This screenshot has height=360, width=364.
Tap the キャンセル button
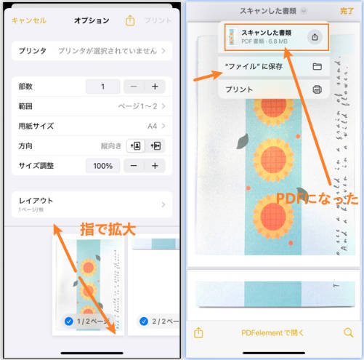coord(29,21)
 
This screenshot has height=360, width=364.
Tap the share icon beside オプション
coord(130,21)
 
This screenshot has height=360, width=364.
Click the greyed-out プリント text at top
coord(158,21)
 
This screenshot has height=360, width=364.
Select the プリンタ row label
coord(33,51)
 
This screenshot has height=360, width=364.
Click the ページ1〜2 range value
coord(138,106)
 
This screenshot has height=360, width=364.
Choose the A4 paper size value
coord(152,126)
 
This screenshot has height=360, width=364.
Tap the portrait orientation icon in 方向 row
coord(135,145)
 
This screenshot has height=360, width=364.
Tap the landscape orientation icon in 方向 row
coord(154,145)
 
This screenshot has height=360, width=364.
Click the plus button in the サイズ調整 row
coord(154,166)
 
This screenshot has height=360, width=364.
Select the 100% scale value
coord(102,166)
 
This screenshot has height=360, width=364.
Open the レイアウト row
coord(91,204)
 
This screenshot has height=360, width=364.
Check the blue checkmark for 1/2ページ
coord(68,321)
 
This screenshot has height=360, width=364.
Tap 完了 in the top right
coord(347,12)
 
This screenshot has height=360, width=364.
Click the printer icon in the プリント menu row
coord(317,89)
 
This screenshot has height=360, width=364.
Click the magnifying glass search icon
coord(348,333)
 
